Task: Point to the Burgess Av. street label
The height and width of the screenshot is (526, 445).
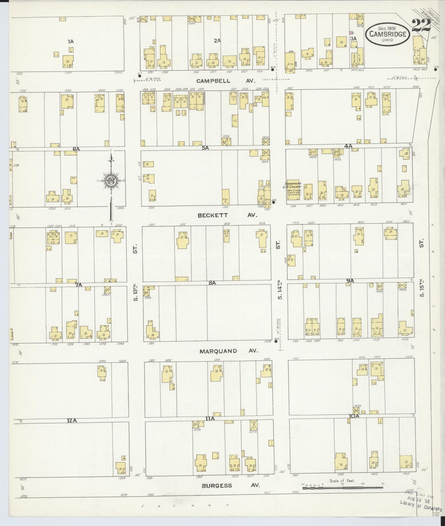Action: point(231,485)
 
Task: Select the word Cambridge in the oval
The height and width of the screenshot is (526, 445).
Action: point(388,34)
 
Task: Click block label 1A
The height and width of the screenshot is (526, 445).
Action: point(71,41)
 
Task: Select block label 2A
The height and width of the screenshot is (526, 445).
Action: point(217,40)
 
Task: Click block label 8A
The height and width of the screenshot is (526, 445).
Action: point(212,282)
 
